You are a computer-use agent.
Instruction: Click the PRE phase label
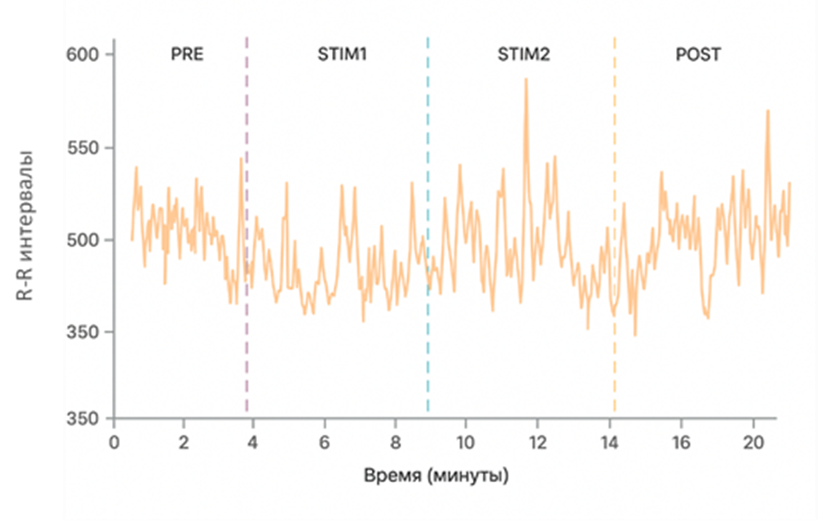(x=187, y=55)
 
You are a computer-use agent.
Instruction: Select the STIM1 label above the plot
(x=342, y=55)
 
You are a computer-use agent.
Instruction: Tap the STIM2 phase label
(x=523, y=55)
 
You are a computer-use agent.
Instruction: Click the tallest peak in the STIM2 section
(x=526, y=79)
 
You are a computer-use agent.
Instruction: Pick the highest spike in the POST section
(x=767, y=111)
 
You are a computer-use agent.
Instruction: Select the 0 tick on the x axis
(x=113, y=443)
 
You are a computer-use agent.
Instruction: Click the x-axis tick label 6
(x=325, y=443)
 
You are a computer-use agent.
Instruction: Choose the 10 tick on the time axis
(x=465, y=443)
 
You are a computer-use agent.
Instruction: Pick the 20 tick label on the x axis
(x=752, y=443)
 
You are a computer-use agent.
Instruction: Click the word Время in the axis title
(x=392, y=477)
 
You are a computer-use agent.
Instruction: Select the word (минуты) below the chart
(x=468, y=477)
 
